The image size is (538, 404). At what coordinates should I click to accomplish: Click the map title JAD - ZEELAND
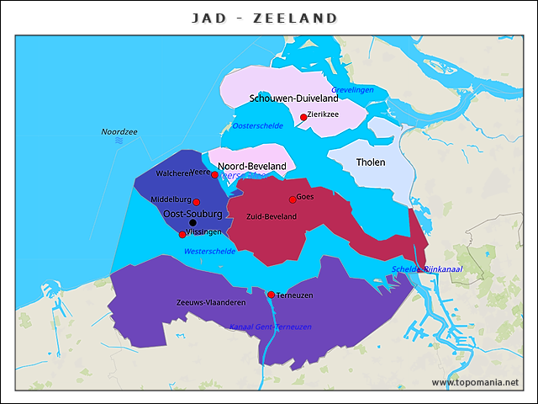265,18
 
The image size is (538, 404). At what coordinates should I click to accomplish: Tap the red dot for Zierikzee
303,118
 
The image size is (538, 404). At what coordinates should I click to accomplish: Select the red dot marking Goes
293,199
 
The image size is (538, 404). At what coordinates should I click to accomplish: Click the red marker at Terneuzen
271,295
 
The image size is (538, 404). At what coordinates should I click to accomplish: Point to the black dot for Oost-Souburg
193,223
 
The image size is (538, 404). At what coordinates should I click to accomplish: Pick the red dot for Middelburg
196,202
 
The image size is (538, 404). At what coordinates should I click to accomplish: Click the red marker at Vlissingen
182,235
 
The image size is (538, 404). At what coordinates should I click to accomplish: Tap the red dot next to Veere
214,175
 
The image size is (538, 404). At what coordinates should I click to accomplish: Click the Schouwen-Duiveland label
293,98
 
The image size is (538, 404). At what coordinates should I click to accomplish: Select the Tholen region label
371,162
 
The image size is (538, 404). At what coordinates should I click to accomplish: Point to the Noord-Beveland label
250,166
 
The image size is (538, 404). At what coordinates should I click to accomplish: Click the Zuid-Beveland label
271,216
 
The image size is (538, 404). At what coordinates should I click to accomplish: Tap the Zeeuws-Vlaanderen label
211,302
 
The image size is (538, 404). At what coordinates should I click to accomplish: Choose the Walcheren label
173,173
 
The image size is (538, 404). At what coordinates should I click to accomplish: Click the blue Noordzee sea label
119,132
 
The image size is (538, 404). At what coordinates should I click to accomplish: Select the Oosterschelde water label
257,125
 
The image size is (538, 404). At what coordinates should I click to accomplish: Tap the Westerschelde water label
209,251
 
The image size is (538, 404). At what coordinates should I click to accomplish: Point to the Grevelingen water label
352,89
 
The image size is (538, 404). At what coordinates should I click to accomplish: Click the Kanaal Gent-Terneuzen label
270,327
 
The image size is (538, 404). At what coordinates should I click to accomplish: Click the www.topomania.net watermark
475,382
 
